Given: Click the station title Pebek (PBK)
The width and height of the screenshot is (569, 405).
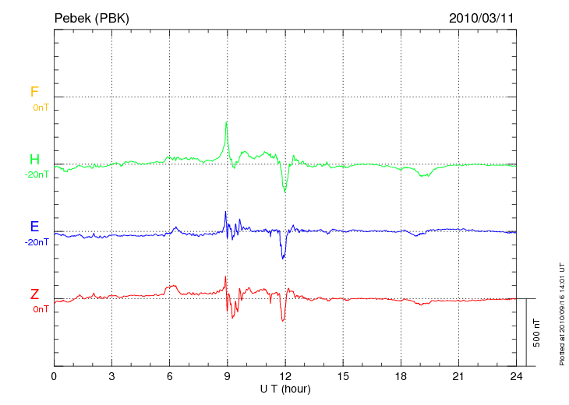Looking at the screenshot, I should tap(91, 17).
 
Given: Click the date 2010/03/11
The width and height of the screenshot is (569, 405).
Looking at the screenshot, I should tap(482, 17).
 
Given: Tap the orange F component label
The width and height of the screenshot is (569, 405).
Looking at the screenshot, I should tap(34, 92).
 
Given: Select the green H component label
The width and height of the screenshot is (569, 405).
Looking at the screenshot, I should tap(34, 160).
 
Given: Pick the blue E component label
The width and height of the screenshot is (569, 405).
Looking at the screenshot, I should tap(34, 227).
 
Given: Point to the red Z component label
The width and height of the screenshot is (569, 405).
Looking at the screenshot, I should tap(34, 294).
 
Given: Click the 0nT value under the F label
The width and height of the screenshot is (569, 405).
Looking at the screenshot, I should tap(40, 107).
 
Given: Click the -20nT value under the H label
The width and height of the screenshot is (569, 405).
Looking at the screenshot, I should tap(37, 174).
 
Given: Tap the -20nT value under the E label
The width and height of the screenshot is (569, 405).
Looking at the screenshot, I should tap(37, 241).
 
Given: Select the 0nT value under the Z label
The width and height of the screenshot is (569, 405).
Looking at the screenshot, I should tap(40, 309).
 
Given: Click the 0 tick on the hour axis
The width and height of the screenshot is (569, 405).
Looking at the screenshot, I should tap(54, 377).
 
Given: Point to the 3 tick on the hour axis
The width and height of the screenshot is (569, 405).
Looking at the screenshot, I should tap(111, 377).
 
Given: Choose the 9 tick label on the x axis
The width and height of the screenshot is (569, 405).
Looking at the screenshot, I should tap(228, 377).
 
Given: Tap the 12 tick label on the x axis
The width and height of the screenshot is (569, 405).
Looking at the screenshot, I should tap(285, 377).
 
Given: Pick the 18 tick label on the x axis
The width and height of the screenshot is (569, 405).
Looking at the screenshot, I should tap(401, 377).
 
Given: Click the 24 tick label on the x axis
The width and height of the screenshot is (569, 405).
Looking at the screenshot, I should tap(516, 377).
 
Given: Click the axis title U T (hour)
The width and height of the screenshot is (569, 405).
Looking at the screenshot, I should tap(285, 389).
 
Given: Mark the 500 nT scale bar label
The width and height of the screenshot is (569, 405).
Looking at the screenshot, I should tap(536, 333).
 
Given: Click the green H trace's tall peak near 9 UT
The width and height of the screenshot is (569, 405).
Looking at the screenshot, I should tap(227, 122).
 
